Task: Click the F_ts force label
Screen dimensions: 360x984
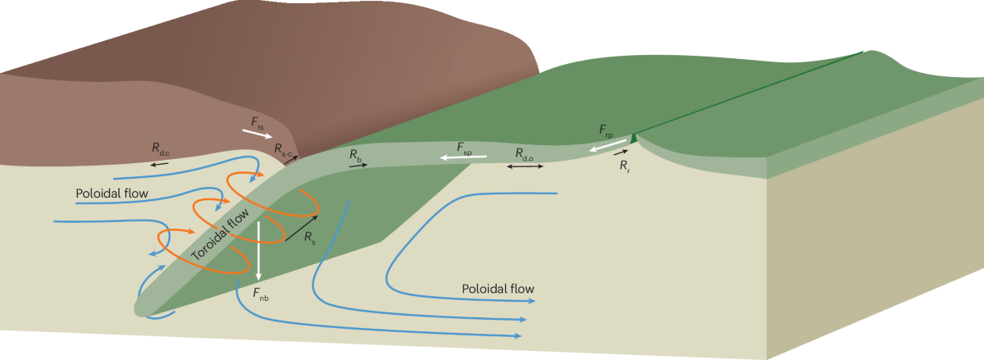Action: [x=257, y=123]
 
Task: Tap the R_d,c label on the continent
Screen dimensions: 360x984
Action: [x=160, y=148]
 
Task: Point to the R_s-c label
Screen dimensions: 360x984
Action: [x=283, y=148]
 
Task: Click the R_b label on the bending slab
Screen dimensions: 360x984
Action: [x=355, y=154]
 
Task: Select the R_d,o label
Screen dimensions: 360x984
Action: [x=525, y=153]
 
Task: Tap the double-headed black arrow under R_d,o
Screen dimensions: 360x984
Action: [x=525, y=166]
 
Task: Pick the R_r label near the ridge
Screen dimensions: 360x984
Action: [x=625, y=166]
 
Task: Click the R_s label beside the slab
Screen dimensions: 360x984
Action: [x=309, y=238]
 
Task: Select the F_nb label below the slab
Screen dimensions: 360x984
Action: [x=260, y=294]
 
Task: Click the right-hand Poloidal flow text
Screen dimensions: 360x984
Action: [x=498, y=289]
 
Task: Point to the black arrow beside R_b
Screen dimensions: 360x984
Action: [x=358, y=166]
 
